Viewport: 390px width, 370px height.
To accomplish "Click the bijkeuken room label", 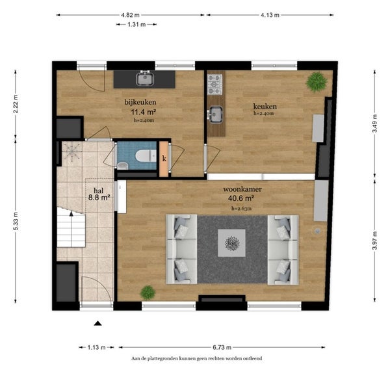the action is point(140,102).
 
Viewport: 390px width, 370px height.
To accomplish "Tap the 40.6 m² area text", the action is point(240,198).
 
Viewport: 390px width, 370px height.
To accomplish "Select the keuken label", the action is point(265,107).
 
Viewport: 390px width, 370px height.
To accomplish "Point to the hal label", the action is point(99,191).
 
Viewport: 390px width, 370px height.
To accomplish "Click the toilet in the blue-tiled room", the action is point(146,156).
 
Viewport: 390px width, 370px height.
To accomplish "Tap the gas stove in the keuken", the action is point(214,85).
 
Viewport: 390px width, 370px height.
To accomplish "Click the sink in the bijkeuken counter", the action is point(145,78).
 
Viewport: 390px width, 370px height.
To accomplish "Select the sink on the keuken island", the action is point(215,114).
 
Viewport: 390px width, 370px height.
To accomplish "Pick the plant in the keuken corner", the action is point(317,82).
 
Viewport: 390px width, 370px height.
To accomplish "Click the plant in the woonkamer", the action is point(148,293).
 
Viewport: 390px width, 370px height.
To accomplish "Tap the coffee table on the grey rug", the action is point(232,243).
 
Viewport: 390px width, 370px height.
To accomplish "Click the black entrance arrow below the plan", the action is point(98,323).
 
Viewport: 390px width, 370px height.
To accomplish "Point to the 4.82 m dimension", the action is point(131,15).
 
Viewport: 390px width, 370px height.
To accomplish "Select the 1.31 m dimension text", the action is point(136,24).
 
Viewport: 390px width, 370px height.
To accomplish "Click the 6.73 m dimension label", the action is point(222,347).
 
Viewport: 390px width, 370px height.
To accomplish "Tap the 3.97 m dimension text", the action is point(375,241).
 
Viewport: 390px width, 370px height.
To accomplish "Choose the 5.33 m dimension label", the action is point(16,221).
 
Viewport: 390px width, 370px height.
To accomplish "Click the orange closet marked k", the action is point(164,159).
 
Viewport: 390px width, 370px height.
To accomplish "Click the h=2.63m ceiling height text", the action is point(241,209).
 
